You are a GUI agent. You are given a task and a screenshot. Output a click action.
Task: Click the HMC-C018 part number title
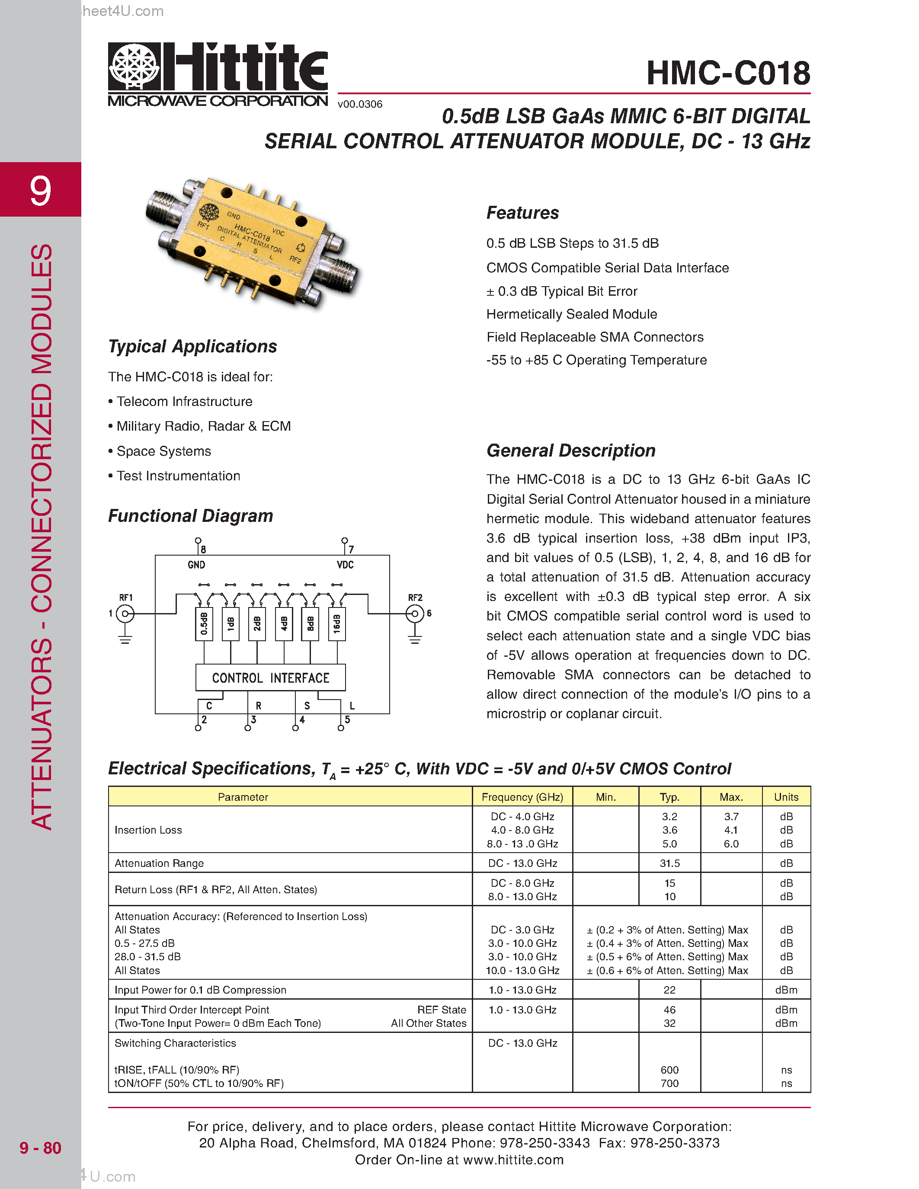(x=728, y=73)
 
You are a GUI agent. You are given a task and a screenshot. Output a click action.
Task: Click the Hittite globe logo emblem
(x=134, y=67)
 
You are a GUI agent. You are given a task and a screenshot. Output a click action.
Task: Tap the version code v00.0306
(x=360, y=104)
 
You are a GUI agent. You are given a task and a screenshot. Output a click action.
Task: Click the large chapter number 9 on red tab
(x=40, y=191)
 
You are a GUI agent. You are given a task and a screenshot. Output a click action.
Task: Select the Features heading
(x=522, y=213)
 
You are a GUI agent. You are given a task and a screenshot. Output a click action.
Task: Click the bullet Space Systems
(x=163, y=451)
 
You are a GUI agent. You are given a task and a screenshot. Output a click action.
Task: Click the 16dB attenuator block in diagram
(x=337, y=624)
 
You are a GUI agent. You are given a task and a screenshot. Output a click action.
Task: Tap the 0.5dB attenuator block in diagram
(x=204, y=624)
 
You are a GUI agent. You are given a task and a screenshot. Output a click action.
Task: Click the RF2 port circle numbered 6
(x=415, y=614)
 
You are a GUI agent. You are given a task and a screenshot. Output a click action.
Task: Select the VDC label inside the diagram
(x=345, y=565)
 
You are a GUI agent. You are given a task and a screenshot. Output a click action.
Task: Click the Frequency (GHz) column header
(x=522, y=797)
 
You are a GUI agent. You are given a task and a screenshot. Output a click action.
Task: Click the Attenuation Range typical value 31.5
(x=669, y=863)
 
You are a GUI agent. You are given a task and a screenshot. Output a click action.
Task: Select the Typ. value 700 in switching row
(x=669, y=1084)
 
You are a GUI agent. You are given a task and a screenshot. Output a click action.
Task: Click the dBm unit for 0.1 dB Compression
(x=786, y=990)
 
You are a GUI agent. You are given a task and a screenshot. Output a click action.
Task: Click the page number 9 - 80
(x=40, y=1147)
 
